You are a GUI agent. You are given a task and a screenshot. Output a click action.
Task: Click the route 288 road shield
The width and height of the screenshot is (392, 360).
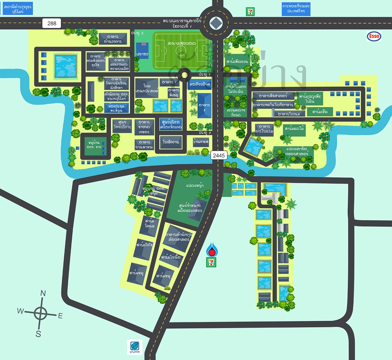tap(52, 23)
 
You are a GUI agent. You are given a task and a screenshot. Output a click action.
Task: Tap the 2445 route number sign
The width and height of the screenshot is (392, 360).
tap(217, 155)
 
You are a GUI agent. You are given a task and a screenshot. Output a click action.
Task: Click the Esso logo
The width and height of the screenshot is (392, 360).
tap(374, 36)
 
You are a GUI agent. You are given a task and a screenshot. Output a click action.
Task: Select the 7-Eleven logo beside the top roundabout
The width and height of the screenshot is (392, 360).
tap(249, 11)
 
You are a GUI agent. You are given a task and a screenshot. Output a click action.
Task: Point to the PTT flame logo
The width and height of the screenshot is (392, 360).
tap(211, 249)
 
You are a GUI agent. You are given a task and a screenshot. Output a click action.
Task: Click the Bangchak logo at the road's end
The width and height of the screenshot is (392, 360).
tap(134, 347)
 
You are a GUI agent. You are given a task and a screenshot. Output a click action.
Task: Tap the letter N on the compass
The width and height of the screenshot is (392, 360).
tap(43, 293)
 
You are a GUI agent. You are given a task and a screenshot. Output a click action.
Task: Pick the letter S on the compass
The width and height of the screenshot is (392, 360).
tap(38, 334)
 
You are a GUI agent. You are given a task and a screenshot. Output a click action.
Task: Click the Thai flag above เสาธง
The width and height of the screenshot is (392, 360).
tap(142, 45)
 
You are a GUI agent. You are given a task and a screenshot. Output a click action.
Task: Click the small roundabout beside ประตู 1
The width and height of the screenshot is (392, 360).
tap(184, 75)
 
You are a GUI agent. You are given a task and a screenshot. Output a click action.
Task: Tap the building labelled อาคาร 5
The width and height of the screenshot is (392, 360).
tap(204, 105)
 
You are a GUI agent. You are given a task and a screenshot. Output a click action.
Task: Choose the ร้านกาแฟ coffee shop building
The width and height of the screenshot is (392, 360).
tap(201, 141)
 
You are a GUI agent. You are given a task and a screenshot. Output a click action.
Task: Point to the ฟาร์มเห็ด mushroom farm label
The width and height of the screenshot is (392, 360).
tap(320, 111)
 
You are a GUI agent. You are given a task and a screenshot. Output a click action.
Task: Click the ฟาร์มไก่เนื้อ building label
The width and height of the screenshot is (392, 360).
tap(171, 257)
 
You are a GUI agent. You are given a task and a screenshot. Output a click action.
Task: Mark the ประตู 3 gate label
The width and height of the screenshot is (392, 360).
tap(205, 133)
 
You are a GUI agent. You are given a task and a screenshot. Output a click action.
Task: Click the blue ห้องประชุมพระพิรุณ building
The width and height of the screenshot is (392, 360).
tap(116, 107)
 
